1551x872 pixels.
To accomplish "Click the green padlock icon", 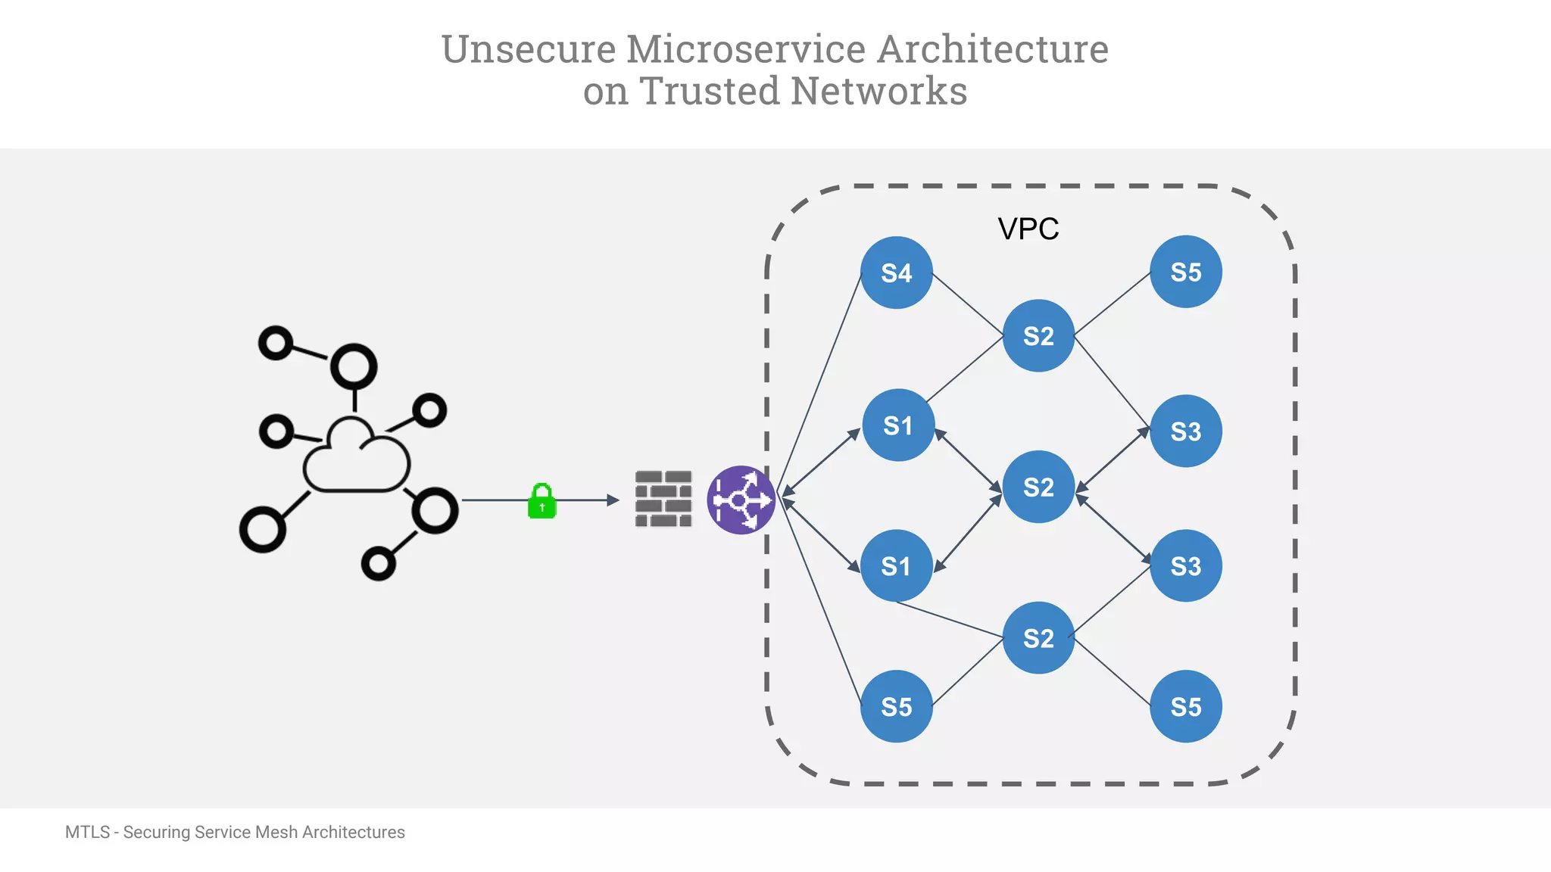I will (x=541, y=501).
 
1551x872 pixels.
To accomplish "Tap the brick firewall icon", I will (x=663, y=499).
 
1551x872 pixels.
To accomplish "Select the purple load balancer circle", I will (x=741, y=500).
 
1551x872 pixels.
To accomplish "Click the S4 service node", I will (x=897, y=272).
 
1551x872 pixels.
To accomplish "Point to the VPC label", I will (x=1028, y=229).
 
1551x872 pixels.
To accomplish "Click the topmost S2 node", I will (x=1038, y=335).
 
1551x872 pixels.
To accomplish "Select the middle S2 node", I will (x=1038, y=487).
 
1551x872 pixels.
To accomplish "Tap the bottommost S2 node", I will (x=1038, y=638).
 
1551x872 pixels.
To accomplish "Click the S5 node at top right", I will (x=1185, y=272).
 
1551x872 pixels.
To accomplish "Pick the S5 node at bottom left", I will (x=897, y=706).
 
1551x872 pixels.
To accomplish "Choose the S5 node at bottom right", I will (x=1185, y=706).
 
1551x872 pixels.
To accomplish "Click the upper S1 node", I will (x=898, y=425).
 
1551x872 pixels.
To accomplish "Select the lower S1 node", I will (x=896, y=565).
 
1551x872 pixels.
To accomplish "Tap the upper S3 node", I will (x=1185, y=431).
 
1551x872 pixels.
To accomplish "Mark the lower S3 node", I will (x=1185, y=565).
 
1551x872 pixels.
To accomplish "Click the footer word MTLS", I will (x=87, y=832).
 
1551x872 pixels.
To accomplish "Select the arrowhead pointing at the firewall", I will (x=613, y=500).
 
